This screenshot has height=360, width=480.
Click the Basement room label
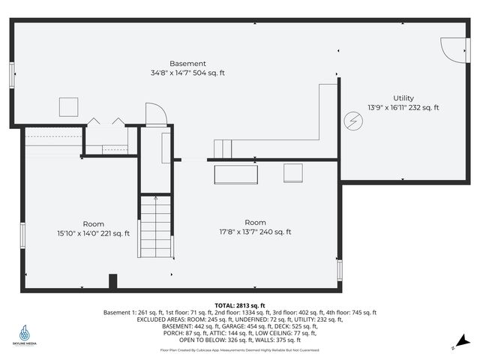pos(187,64)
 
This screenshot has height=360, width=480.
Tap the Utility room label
pos(403,98)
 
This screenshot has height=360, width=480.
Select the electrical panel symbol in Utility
pos(351,120)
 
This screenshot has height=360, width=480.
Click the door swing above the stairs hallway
pos(155,115)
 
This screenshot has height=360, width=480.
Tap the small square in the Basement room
pos(69,106)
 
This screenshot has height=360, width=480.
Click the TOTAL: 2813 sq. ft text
pos(240,306)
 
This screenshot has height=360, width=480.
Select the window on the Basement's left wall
pos(11,76)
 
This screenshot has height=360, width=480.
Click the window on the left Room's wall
pos(23,235)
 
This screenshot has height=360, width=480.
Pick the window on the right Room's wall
pos(339,268)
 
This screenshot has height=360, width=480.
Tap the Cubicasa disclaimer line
pos(240,349)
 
